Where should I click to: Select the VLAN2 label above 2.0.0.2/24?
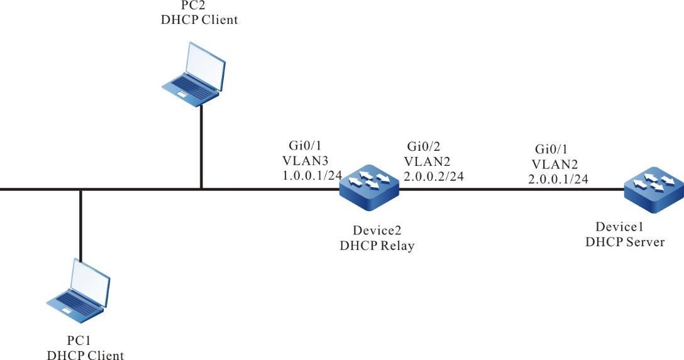[x=426, y=161]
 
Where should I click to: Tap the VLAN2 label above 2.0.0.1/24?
[x=553, y=163]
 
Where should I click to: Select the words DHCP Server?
[x=625, y=241]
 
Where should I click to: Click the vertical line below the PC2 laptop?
[x=201, y=148]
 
